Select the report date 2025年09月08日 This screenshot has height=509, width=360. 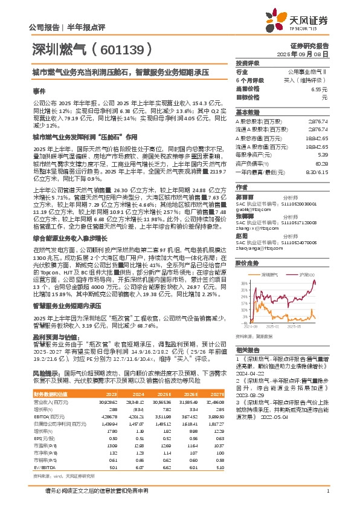pyautogui.click(x=311, y=53)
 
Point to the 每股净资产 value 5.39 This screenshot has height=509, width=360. pyautogui.click(x=322, y=155)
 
